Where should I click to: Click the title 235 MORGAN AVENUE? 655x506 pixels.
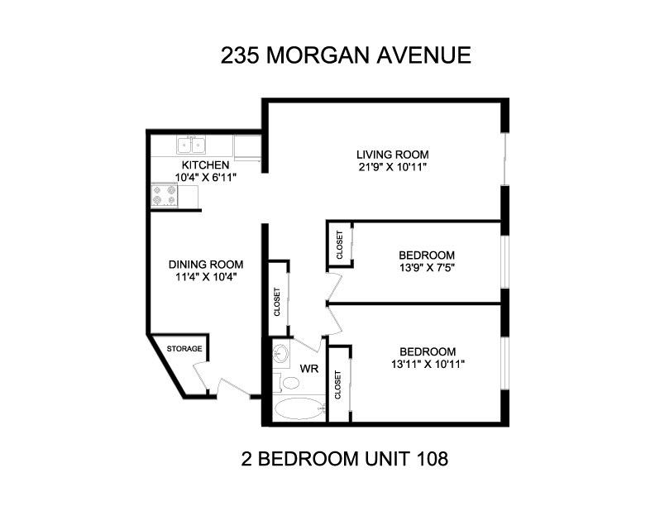[x=346, y=55]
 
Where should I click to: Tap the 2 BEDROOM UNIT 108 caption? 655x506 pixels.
[x=345, y=459]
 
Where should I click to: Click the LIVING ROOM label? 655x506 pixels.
[x=392, y=155]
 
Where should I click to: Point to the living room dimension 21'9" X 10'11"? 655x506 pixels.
[x=392, y=167]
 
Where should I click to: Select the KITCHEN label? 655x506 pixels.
[x=205, y=165]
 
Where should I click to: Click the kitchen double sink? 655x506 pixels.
[x=191, y=145]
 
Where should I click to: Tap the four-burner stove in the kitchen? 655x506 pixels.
[x=165, y=195]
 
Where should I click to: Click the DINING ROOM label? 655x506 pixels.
[x=206, y=265]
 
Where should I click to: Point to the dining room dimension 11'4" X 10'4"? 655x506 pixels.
[x=206, y=277]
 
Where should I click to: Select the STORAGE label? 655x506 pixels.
[x=184, y=349]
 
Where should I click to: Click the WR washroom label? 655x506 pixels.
[x=309, y=369]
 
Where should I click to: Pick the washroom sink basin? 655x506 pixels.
[x=280, y=355]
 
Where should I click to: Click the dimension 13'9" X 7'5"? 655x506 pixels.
[x=427, y=268]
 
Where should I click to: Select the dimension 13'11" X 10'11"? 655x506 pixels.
[x=428, y=364]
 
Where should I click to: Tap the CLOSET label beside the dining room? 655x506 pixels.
[x=277, y=302]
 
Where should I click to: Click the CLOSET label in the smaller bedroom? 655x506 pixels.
[x=339, y=245]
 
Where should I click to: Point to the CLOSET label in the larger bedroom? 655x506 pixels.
[x=337, y=385]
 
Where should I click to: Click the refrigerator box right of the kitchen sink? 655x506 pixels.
[x=247, y=147]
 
